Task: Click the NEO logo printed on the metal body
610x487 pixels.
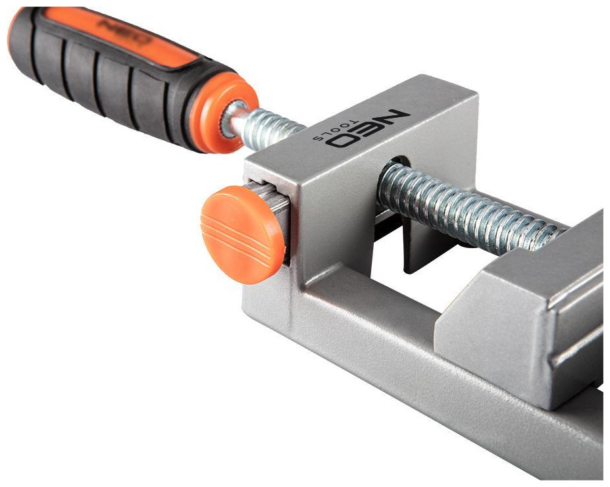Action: [x=367, y=129]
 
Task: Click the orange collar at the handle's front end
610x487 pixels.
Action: [x=224, y=113]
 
